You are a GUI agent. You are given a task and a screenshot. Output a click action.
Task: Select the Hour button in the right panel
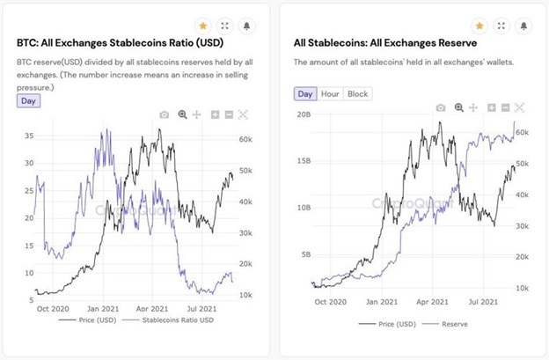(x=330, y=93)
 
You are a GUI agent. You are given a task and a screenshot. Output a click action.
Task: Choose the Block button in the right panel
(x=357, y=93)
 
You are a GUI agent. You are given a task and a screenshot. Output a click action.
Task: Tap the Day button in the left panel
(x=28, y=100)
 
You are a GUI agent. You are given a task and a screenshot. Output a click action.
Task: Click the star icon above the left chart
(x=201, y=26)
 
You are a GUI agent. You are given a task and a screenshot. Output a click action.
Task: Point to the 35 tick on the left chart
(x=29, y=136)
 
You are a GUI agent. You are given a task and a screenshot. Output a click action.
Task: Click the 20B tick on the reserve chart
(x=305, y=115)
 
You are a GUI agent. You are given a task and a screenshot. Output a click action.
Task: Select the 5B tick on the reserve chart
(x=305, y=255)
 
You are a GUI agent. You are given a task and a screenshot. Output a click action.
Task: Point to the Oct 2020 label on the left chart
(x=54, y=310)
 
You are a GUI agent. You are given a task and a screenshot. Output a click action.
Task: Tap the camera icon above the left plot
(x=165, y=114)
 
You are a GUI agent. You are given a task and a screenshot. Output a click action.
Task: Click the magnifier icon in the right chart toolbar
(x=457, y=107)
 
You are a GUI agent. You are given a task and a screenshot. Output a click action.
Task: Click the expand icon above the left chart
(x=226, y=26)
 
